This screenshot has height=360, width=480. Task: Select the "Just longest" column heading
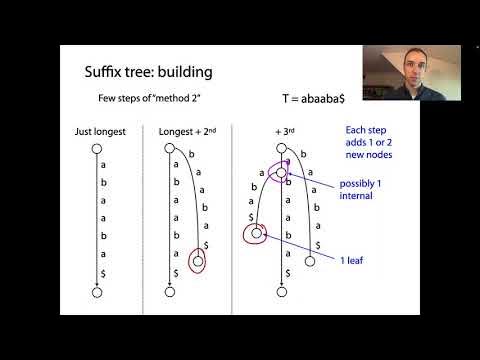(x=98, y=133)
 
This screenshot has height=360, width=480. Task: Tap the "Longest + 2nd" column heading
(x=187, y=133)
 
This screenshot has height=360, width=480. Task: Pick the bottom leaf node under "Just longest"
(x=97, y=291)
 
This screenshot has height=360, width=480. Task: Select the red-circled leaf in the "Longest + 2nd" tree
(x=198, y=262)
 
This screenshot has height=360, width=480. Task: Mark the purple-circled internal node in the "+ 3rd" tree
(x=283, y=171)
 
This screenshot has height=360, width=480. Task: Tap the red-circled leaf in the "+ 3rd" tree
(x=257, y=235)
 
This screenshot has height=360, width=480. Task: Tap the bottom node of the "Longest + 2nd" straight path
(x=170, y=291)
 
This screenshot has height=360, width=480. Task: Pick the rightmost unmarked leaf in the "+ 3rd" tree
(x=312, y=261)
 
